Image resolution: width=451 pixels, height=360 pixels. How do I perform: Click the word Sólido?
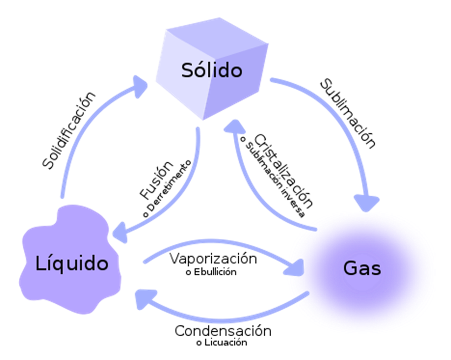point(212,70)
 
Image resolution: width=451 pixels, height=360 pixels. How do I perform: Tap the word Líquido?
point(72,264)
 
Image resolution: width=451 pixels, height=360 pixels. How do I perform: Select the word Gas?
point(362,268)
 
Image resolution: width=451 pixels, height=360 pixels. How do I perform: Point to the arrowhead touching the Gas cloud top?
point(369,202)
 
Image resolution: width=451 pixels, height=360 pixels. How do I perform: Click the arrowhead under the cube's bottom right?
point(234,128)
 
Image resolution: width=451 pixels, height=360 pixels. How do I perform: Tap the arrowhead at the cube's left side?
point(141,87)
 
